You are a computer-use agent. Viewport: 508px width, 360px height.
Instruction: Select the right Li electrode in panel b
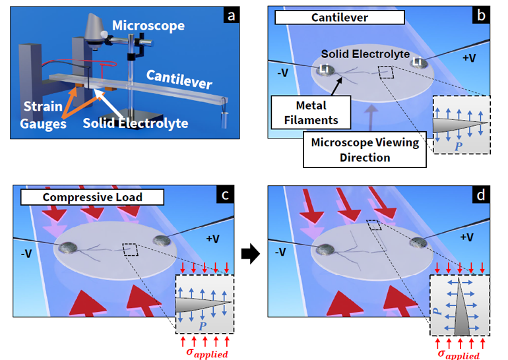click(x=416, y=62)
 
